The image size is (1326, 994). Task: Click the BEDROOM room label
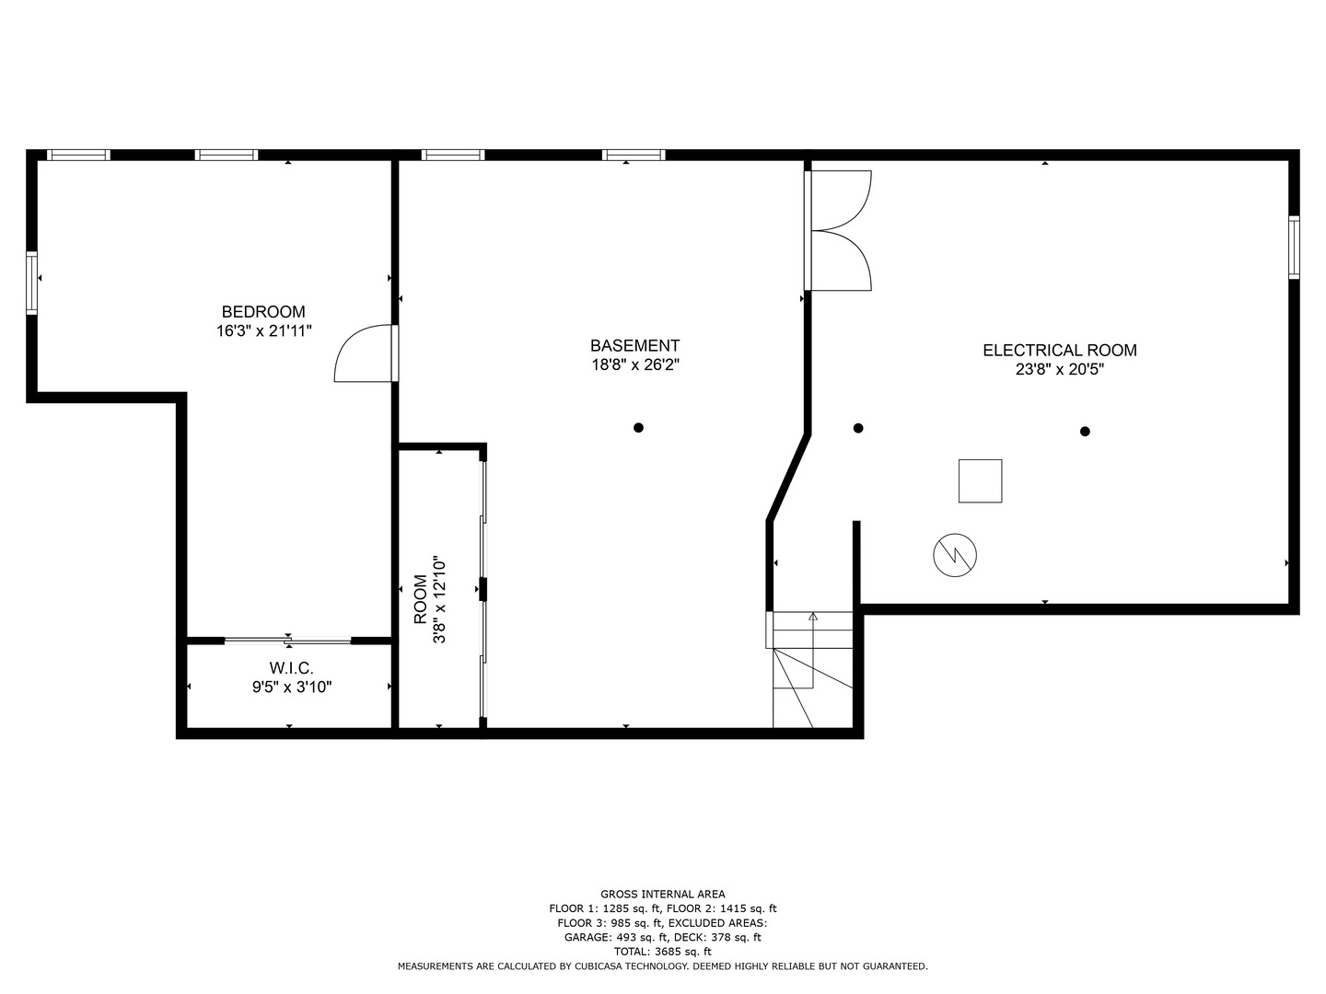pyautogui.click(x=263, y=312)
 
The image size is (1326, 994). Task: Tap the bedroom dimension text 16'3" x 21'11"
pyautogui.click(x=264, y=331)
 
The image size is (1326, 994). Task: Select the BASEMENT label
pyautogui.click(x=634, y=346)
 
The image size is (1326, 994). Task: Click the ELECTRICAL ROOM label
pyautogui.click(x=1059, y=351)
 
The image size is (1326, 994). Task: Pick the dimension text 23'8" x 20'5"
pyautogui.click(x=1059, y=370)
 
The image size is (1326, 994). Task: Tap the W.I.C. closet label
pyautogui.click(x=291, y=667)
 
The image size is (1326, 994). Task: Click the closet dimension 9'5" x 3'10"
pyautogui.click(x=292, y=687)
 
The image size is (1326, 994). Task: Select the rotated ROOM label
pyautogui.click(x=420, y=599)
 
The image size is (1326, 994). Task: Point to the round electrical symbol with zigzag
pyautogui.click(x=955, y=555)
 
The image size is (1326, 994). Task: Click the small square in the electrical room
pyautogui.click(x=980, y=480)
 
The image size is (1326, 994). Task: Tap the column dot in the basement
pyautogui.click(x=638, y=427)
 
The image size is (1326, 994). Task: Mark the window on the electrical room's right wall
pyautogui.click(x=1294, y=247)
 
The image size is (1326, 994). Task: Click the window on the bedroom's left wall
pyautogui.click(x=32, y=283)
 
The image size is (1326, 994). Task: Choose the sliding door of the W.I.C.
pyautogui.click(x=287, y=640)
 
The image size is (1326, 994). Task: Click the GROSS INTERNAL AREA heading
pyautogui.click(x=662, y=894)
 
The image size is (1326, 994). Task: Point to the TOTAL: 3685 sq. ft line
pyautogui.click(x=662, y=952)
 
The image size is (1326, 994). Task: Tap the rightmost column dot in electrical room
pyautogui.click(x=1085, y=431)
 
